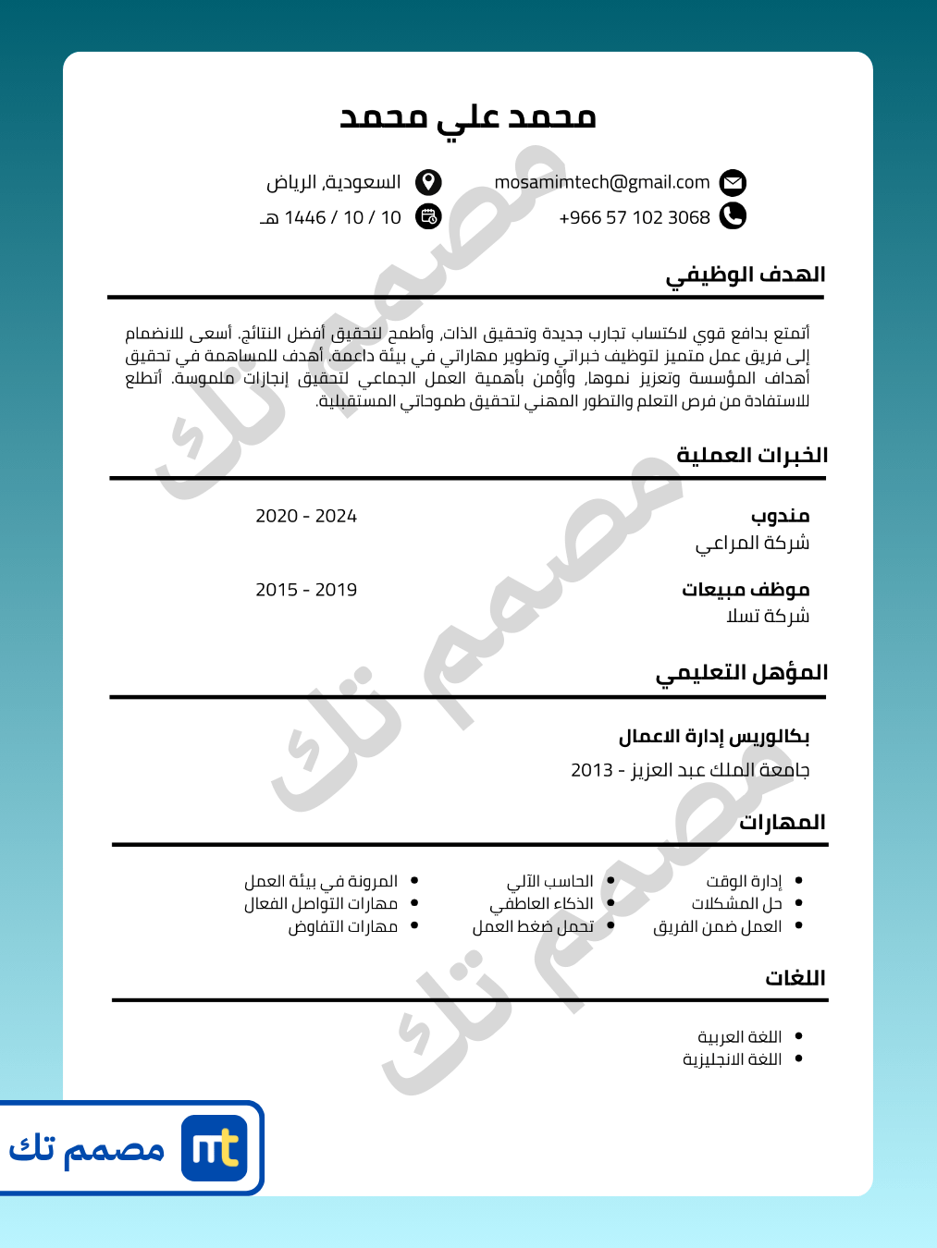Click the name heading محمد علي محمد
coord(468,117)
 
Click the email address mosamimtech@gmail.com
coord(602,182)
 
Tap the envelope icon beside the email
coord(733,182)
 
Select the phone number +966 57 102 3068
coord(635,217)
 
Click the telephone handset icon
coord(733,216)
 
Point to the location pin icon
coord(428,182)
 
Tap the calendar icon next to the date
coord(428,216)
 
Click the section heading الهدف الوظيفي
coord(746,275)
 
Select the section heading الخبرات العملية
coord(752,455)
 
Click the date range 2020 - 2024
coord(306,516)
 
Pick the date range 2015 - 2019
coord(306,590)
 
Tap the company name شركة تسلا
coord(768,616)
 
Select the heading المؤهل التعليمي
coord(742,673)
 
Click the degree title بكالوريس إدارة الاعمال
coord(714,737)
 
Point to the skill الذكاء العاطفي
coord(542,903)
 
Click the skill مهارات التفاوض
coord(343,926)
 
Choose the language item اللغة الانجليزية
coord(733,1059)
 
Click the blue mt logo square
coord(215,1148)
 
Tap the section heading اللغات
coord(795,978)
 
